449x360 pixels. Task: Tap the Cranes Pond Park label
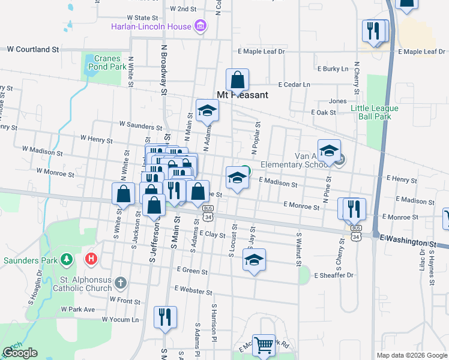[x=110, y=62]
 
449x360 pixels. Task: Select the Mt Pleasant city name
[x=242, y=95]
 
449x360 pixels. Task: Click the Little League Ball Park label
[x=375, y=112]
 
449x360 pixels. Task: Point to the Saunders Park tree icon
[x=67, y=260]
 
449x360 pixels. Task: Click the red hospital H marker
[x=91, y=259]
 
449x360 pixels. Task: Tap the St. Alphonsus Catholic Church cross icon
[x=121, y=282]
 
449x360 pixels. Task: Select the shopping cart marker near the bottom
[x=264, y=345]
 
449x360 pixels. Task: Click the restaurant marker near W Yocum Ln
[x=165, y=316]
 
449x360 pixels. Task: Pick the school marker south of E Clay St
[x=254, y=260]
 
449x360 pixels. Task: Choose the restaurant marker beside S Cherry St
[x=353, y=208]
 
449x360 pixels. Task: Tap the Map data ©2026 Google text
[x=411, y=355]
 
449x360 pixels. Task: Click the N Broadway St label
[x=163, y=69]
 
